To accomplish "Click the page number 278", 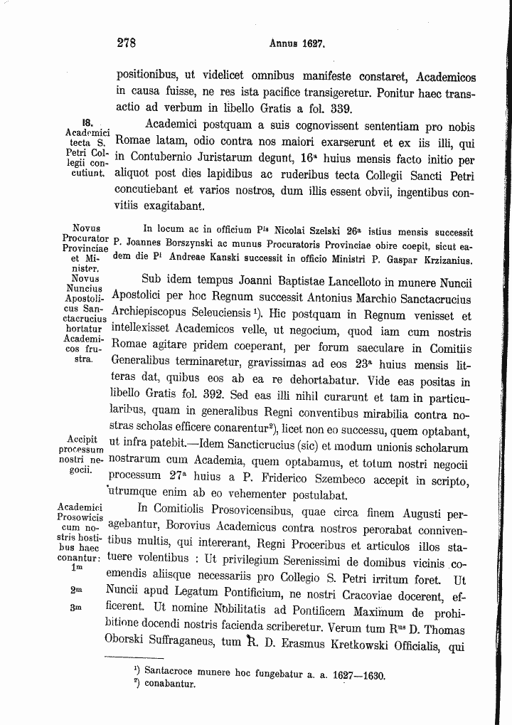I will (126, 43).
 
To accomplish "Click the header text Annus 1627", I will (297, 43).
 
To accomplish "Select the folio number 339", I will (338, 109).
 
